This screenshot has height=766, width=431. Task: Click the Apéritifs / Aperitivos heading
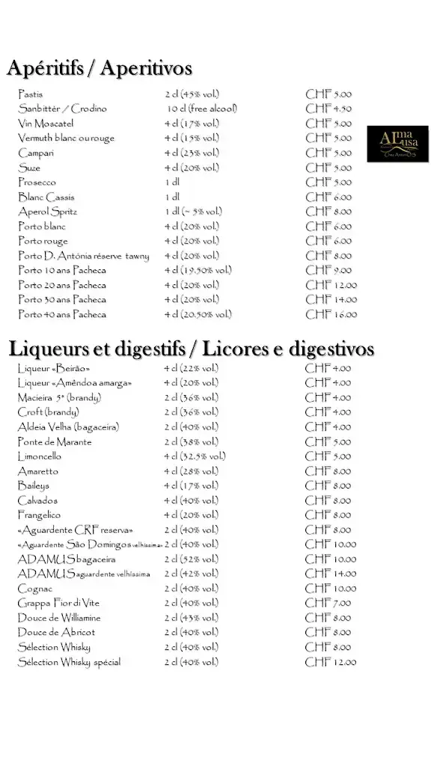tap(100, 69)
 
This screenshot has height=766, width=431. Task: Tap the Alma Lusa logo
tap(397, 144)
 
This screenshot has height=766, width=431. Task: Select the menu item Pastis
tap(31, 94)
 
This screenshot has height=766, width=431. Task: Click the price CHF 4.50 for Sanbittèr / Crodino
tap(328, 109)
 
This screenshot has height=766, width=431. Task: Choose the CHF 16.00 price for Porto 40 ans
tap(331, 314)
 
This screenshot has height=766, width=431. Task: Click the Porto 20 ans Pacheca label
tap(62, 285)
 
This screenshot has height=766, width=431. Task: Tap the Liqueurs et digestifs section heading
tap(192, 349)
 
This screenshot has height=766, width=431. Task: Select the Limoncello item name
tap(40, 456)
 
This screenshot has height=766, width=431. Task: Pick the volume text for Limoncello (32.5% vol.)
tap(195, 456)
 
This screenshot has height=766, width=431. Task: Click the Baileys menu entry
tap(33, 485)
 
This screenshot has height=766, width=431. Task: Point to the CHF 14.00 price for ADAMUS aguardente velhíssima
tap(331, 574)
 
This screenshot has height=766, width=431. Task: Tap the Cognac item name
tap(34, 589)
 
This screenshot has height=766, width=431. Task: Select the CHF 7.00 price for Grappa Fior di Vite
tap(328, 603)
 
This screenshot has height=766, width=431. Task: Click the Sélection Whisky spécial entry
tap(69, 662)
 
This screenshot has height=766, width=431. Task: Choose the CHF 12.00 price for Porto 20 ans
tap(331, 285)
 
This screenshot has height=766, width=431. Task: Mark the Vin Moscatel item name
tap(46, 123)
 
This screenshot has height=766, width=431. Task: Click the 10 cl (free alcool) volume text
tap(201, 109)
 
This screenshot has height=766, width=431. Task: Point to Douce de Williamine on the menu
tap(59, 618)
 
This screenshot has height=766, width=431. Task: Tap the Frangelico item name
tap(39, 515)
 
